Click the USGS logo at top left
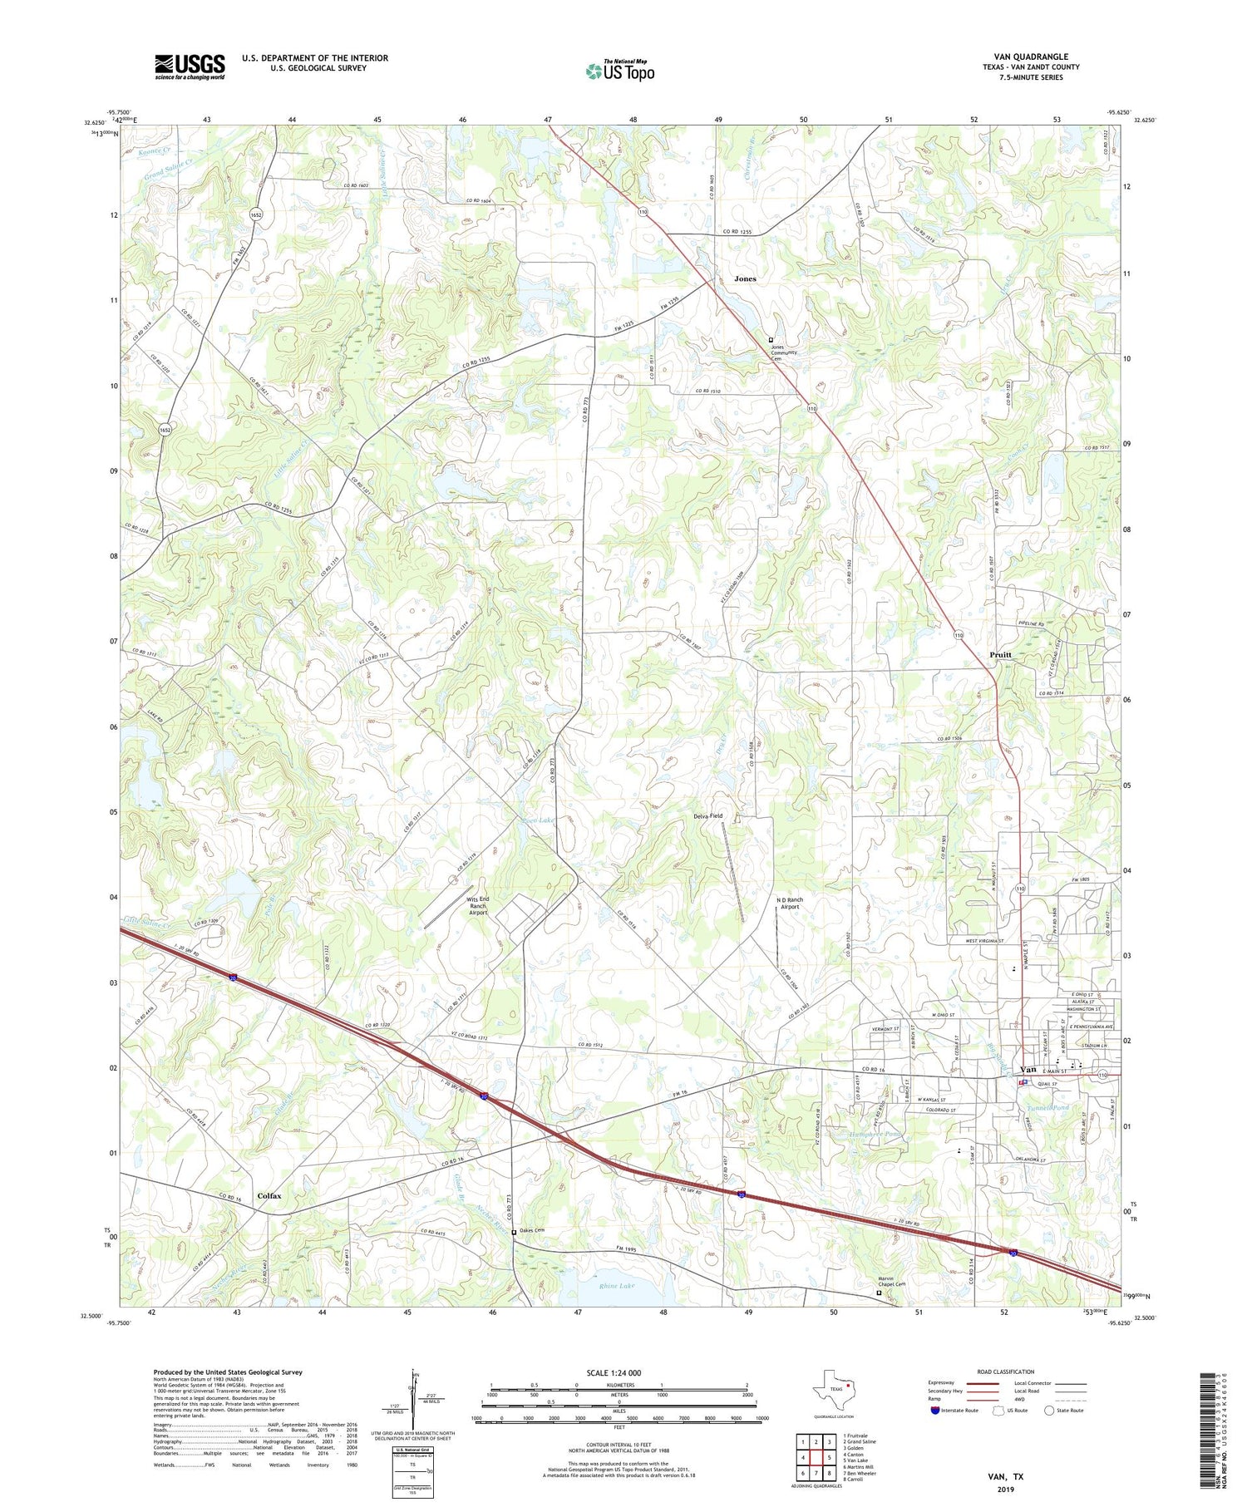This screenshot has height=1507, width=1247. [x=190, y=66]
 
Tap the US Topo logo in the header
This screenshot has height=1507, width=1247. [x=619, y=71]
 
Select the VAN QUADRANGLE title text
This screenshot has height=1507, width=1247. [x=1030, y=57]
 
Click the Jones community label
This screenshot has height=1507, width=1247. [x=745, y=278]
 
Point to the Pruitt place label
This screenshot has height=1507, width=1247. [x=1001, y=654]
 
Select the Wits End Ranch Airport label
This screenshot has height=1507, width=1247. [x=477, y=905]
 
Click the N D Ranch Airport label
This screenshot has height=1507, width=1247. [x=787, y=903]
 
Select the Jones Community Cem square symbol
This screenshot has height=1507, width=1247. [x=771, y=340]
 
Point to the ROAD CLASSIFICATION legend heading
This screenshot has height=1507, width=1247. [x=1005, y=1372]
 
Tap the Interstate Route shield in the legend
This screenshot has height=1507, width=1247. [x=934, y=1411]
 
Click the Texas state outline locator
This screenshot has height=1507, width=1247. [x=832, y=1386]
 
